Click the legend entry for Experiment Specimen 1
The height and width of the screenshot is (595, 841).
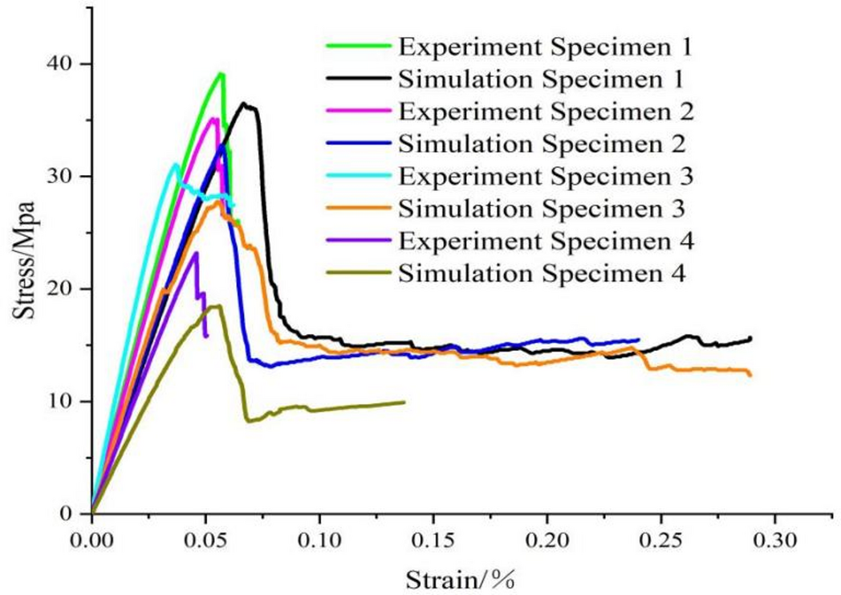[x=545, y=46]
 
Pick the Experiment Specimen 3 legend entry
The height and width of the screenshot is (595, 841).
[x=545, y=177]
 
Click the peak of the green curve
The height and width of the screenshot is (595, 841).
[x=220, y=74]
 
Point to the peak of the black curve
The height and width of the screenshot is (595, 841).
[x=246, y=104]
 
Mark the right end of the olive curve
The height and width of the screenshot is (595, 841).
[x=404, y=401]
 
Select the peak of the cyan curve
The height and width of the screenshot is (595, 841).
[x=176, y=164]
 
